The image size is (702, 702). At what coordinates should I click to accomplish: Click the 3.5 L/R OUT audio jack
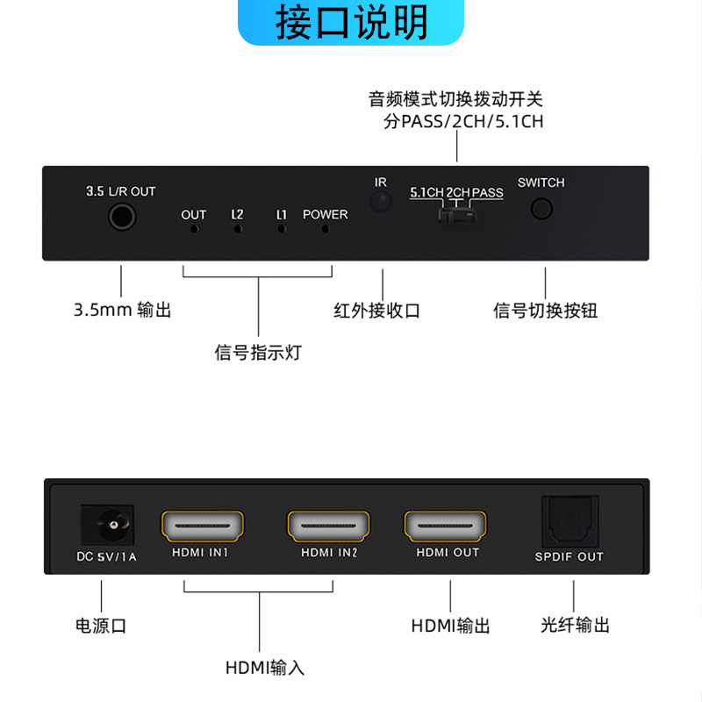(122, 217)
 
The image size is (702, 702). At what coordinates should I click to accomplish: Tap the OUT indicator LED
(194, 229)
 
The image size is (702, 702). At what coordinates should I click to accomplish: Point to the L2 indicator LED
(238, 229)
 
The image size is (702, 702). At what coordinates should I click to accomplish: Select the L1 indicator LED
(281, 229)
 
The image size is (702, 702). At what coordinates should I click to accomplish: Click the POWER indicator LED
(326, 229)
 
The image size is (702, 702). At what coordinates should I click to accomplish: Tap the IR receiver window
(381, 202)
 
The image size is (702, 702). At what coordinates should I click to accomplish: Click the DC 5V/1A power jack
(107, 525)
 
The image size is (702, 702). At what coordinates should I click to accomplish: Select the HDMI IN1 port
(203, 526)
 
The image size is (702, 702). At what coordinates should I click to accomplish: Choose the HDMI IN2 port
(328, 526)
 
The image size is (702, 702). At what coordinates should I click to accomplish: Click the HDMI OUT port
(445, 526)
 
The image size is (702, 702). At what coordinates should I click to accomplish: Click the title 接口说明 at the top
(352, 22)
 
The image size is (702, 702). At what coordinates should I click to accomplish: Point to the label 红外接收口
(376, 311)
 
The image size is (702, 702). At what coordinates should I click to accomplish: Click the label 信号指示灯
(258, 353)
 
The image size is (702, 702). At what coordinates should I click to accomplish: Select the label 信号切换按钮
(545, 311)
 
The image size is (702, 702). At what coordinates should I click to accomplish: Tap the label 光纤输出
(575, 625)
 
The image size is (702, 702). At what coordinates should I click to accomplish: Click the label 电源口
(101, 626)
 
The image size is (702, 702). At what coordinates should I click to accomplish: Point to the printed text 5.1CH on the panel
(426, 192)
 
